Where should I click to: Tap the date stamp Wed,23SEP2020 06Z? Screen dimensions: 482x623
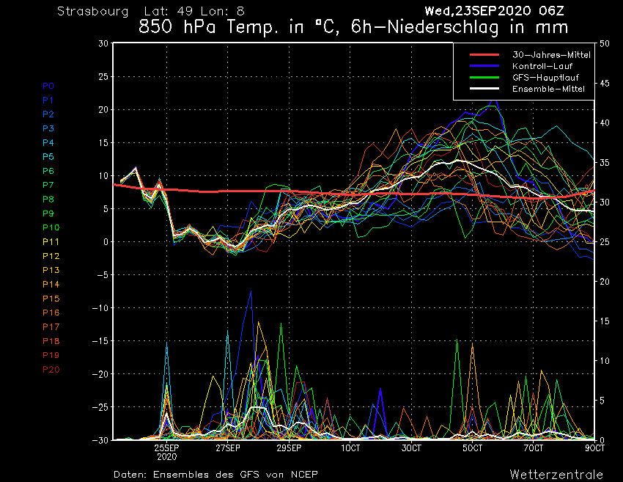pyautogui.click(x=494, y=12)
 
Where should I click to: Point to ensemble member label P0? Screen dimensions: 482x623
pyautogui.click(x=48, y=85)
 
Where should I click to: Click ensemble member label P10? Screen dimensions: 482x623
pyautogui.click(x=51, y=227)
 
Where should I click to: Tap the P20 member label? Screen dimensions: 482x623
pyautogui.click(x=51, y=369)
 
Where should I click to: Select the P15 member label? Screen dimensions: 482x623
pyautogui.click(x=51, y=299)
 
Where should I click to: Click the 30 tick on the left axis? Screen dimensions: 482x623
pyautogui.click(x=103, y=43)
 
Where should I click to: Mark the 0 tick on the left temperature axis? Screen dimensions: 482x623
pyautogui.click(x=106, y=242)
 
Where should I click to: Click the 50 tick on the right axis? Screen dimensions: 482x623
pyautogui.click(x=605, y=43)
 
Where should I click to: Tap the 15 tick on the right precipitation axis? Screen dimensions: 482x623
pyautogui.click(x=605, y=321)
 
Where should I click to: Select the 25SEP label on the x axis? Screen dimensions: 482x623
pyautogui.click(x=167, y=448)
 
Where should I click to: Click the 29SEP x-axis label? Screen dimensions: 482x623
pyautogui.click(x=290, y=448)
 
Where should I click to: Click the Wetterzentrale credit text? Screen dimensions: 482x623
pyautogui.click(x=556, y=474)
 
